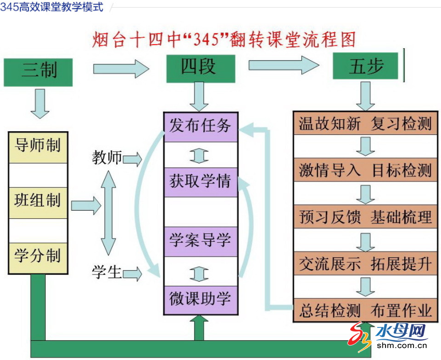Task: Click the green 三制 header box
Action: click(38, 72)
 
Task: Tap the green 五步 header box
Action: click(367, 67)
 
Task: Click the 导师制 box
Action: click(38, 147)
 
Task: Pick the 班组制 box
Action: click(38, 202)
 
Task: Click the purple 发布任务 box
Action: click(201, 127)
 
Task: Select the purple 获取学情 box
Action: click(201, 182)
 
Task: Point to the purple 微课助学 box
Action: click(201, 300)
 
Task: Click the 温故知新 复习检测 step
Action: click(365, 124)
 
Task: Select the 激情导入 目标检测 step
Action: click(365, 171)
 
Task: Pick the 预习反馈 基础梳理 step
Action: click(365, 217)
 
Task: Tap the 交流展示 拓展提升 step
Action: click(365, 264)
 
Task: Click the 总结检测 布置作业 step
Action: click(365, 311)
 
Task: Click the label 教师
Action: click(107, 158)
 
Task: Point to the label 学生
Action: click(107, 272)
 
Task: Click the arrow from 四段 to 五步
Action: click(283, 65)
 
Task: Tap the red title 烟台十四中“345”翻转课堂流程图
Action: click(224, 39)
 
